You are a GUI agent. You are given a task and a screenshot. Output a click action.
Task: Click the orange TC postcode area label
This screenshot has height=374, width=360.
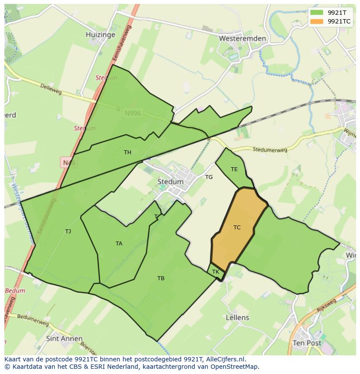[x=237, y=228]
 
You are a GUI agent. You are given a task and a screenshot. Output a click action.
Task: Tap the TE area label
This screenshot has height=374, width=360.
[x=234, y=169]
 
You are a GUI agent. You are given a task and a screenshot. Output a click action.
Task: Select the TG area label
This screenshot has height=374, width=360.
[x=209, y=177]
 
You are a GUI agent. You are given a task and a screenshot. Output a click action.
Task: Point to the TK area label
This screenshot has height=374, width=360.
[x=216, y=272]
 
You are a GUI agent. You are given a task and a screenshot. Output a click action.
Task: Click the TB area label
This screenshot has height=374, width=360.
[x=161, y=278]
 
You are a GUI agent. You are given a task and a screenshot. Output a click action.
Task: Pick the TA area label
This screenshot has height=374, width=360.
[x=119, y=244]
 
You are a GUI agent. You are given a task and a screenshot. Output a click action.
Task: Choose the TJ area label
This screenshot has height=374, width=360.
[x=68, y=232]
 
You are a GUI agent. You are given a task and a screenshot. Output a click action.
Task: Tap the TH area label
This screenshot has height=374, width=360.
[x=127, y=152]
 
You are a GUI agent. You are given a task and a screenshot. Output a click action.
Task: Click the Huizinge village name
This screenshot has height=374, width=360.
[x=100, y=35]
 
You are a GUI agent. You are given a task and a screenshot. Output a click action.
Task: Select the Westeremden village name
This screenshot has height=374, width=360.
[x=243, y=39]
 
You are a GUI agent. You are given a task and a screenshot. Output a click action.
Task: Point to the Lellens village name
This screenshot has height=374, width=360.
[x=237, y=318]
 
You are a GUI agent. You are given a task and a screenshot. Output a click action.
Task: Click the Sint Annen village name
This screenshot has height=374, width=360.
[x=64, y=338]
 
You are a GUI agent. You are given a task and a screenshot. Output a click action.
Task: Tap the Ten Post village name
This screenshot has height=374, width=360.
[x=307, y=343]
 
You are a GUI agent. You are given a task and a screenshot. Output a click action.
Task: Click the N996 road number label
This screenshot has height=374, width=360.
[x=133, y=113]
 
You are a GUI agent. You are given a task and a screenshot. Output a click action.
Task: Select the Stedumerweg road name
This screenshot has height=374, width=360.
[x=270, y=150]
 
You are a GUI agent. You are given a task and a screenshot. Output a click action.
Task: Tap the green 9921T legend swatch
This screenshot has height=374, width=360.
[x=317, y=12]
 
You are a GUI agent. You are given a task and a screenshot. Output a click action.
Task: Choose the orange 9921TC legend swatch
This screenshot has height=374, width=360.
[x=317, y=21]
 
